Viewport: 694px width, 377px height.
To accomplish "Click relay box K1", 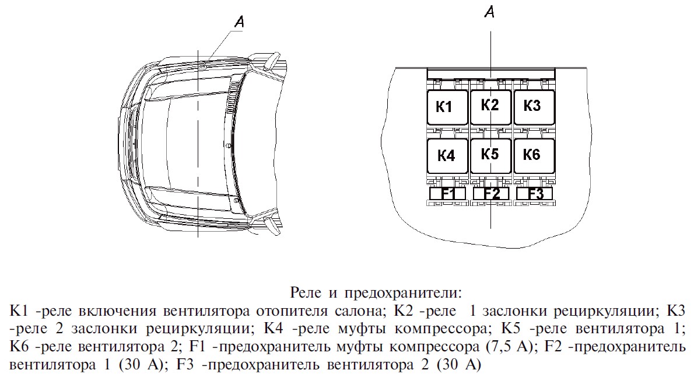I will [x=447, y=107].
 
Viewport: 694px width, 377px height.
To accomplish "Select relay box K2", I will [x=490, y=106].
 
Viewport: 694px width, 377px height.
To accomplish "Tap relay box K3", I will [x=533, y=106].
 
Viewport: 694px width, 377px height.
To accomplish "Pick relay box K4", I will [x=447, y=156].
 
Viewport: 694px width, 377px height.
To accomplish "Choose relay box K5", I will [x=490, y=155].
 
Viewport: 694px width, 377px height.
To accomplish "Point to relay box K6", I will [x=533, y=155].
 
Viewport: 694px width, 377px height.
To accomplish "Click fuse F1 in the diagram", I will [x=448, y=194].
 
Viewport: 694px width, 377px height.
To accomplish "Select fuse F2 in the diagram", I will [x=491, y=194].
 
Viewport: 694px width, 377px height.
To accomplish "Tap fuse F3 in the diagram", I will [x=535, y=194].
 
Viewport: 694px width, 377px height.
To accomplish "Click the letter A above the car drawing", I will [x=239, y=22].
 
